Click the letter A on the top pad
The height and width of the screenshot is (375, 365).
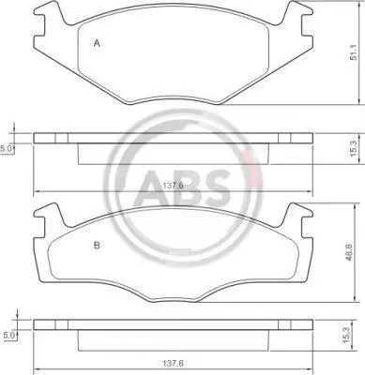[x=97, y=43]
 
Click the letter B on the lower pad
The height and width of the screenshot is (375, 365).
[x=97, y=246]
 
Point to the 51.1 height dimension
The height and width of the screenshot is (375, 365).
[x=354, y=53]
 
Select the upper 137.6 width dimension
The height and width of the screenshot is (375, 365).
[x=173, y=186]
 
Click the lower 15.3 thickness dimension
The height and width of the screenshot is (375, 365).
[x=345, y=337]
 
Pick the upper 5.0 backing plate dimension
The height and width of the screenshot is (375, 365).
[x=6, y=149]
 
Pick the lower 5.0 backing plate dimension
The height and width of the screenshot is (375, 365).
[x=8, y=336]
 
